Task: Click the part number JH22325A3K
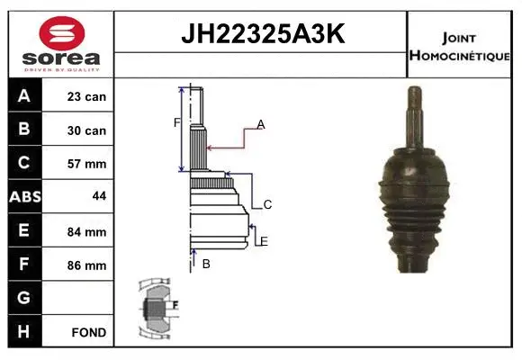pyautogui.click(x=262, y=34)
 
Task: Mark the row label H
pyautogui.click(x=24, y=331)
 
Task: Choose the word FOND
pyautogui.click(x=89, y=332)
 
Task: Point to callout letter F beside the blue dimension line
pyautogui.click(x=176, y=122)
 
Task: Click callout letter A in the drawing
pyautogui.click(x=261, y=124)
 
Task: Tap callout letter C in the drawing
pyautogui.click(x=267, y=204)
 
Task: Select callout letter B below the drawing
pyautogui.click(x=206, y=264)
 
